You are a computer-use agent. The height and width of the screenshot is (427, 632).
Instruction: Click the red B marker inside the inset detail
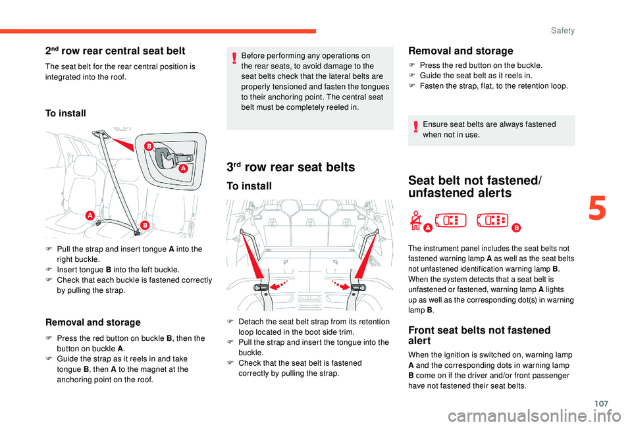tap(149, 145)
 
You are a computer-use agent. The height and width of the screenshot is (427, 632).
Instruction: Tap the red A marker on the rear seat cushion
tap(88, 216)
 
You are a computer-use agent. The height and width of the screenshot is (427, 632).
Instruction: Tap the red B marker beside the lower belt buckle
tap(144, 226)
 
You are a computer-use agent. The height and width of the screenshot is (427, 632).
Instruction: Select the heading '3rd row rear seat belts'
tap(290, 167)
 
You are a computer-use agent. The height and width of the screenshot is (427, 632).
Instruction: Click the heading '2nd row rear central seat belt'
tap(115, 51)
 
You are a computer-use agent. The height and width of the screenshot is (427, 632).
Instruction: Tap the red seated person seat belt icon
tap(416, 220)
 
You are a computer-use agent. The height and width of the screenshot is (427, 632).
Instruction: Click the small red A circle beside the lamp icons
tap(427, 228)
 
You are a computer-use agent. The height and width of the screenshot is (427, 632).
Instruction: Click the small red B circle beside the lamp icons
tap(516, 228)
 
